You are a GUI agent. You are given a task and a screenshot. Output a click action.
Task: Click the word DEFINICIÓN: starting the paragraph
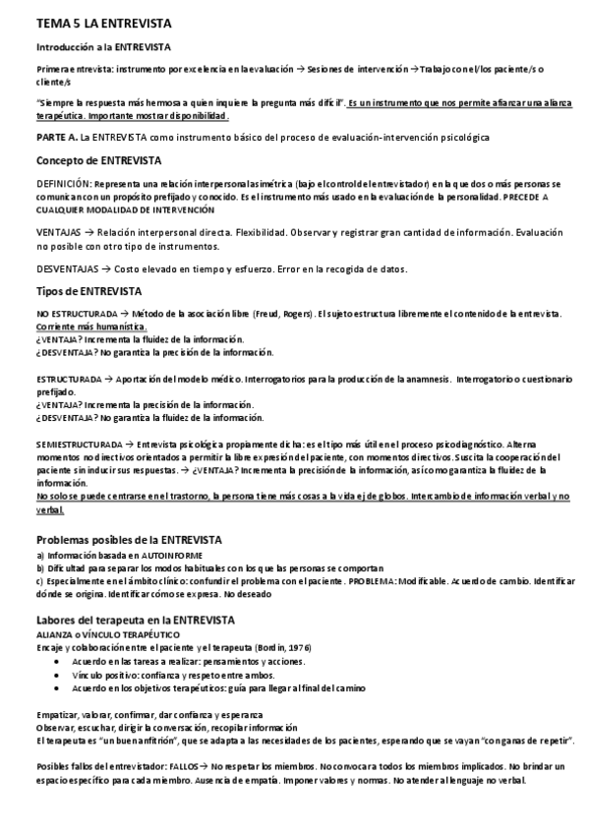[65, 184]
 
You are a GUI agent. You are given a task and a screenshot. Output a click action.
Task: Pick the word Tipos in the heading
[50, 291]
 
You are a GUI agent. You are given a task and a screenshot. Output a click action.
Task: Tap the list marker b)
[40, 568]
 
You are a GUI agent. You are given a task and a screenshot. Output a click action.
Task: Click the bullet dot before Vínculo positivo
[60, 675]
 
